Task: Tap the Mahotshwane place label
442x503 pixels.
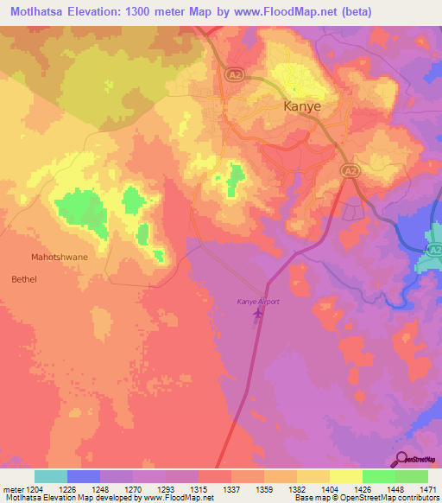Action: point(60,258)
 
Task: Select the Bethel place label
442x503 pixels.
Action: point(25,279)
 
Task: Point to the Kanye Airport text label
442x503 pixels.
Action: point(258,302)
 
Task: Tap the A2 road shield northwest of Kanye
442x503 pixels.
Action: point(234,76)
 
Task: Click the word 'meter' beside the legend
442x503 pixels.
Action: point(13,489)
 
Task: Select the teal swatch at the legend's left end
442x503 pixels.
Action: point(51,476)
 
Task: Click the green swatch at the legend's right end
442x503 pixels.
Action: point(411,476)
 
